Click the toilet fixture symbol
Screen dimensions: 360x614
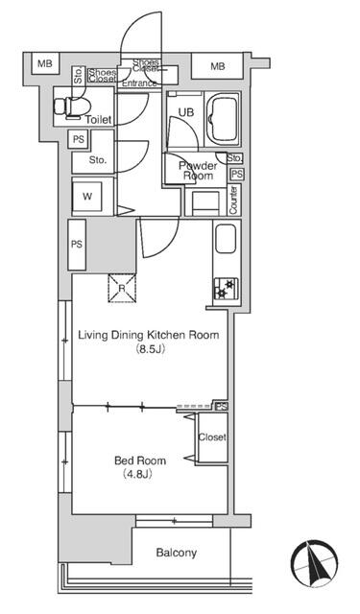72,106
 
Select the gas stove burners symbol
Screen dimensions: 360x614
226,289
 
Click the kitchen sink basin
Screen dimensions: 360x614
226,239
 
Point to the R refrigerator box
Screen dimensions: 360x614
122,288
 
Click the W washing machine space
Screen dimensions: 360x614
87,196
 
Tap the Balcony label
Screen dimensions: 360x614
177,553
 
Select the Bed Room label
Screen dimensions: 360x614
140,460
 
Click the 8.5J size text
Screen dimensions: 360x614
149,348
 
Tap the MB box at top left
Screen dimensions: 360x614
45,63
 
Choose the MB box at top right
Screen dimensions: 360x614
217,66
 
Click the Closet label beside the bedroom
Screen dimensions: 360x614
212,437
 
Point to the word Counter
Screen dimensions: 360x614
233,201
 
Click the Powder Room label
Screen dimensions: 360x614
198,171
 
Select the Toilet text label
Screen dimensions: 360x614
98,119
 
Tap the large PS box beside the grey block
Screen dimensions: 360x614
77,245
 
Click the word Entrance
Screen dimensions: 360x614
139,83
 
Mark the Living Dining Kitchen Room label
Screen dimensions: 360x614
149,335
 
